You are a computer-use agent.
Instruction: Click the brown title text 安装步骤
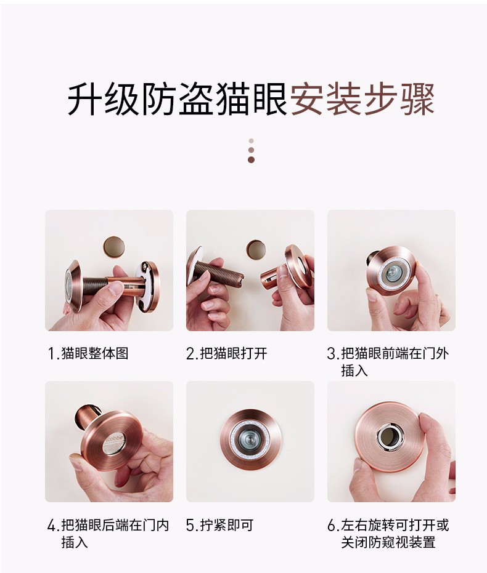coord(362,100)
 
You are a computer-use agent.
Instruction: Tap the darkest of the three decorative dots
coord(251,159)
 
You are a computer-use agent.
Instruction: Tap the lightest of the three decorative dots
coord(251,141)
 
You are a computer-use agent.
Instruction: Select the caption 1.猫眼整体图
coord(88,353)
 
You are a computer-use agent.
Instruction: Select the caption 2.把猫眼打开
coord(227,353)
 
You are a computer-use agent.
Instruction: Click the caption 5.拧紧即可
coord(219,525)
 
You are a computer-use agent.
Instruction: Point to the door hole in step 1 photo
coord(113,246)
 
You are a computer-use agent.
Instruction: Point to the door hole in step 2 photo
coord(256,249)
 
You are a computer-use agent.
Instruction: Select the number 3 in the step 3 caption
coord(331,354)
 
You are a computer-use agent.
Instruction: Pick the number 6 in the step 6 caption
coord(332,526)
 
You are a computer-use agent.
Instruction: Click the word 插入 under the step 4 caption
coord(75,542)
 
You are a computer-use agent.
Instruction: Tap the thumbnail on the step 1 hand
coord(117,290)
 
